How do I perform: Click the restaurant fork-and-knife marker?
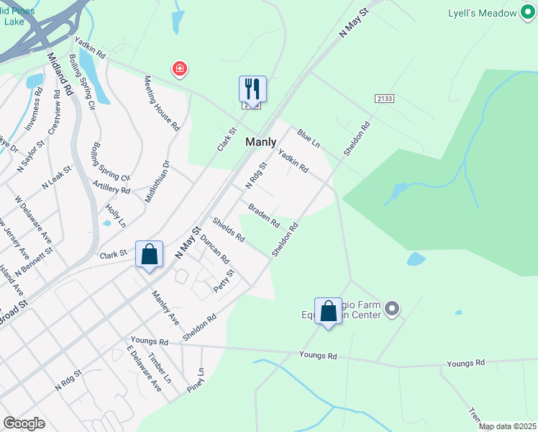click(252, 89)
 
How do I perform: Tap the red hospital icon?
click(179, 69)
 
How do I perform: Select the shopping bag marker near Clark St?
click(149, 254)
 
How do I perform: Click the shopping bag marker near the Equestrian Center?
click(328, 312)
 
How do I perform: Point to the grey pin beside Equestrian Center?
click(392, 310)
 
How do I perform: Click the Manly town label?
click(261, 142)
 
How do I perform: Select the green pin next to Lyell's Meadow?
click(529, 13)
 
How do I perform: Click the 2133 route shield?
click(383, 98)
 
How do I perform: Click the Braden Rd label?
click(264, 215)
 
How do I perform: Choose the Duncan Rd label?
click(214, 248)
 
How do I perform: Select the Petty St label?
click(224, 282)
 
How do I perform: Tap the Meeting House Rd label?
click(161, 103)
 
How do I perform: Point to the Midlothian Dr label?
click(156, 181)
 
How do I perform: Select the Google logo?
click(24, 423)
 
